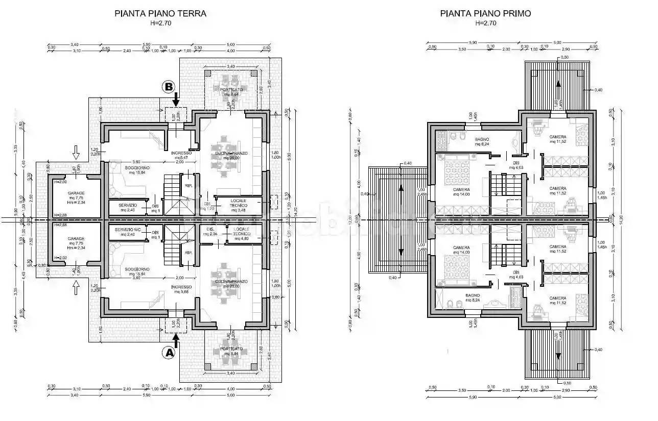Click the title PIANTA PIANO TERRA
tap(160, 14)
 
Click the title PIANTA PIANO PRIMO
tap(485, 14)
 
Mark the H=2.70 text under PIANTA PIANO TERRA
tap(160, 23)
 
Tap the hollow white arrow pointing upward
tap(76, 289)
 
